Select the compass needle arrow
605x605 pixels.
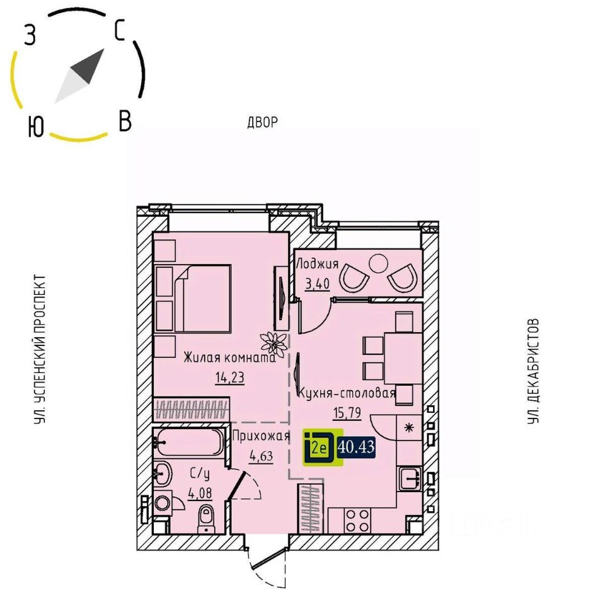(x=79, y=76)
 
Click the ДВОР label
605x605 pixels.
(x=262, y=122)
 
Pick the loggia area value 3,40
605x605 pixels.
(x=318, y=284)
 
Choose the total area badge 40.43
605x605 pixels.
(x=357, y=447)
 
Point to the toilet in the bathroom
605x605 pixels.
(x=205, y=519)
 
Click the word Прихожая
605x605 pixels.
(x=261, y=436)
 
